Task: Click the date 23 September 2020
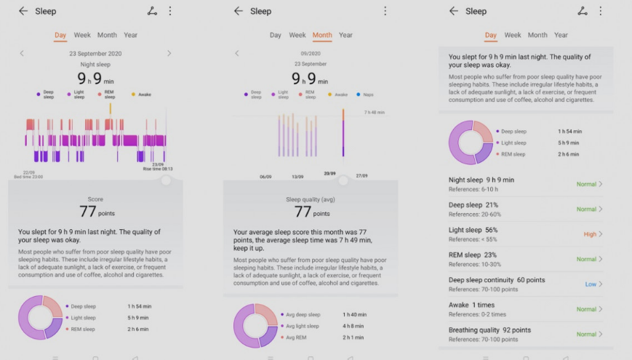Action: tap(95, 54)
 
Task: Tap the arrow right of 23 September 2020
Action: tap(169, 53)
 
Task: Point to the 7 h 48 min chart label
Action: tap(375, 113)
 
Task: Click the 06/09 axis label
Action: tap(266, 177)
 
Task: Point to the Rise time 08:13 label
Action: tap(158, 169)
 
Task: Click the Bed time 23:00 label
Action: tap(28, 177)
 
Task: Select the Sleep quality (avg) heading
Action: tap(311, 199)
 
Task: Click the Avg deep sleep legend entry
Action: tap(301, 315)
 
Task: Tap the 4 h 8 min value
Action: tap(355, 326)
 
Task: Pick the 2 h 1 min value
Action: tap(354, 337)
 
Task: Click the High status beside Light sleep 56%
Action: tap(590, 234)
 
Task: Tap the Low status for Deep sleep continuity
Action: tap(591, 284)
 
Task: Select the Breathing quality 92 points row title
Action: tap(489, 330)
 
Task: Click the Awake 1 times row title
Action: tap(471, 305)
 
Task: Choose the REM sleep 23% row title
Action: tap(473, 255)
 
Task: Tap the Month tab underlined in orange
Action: tap(322, 35)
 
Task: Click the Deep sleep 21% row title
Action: tap(473, 205)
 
